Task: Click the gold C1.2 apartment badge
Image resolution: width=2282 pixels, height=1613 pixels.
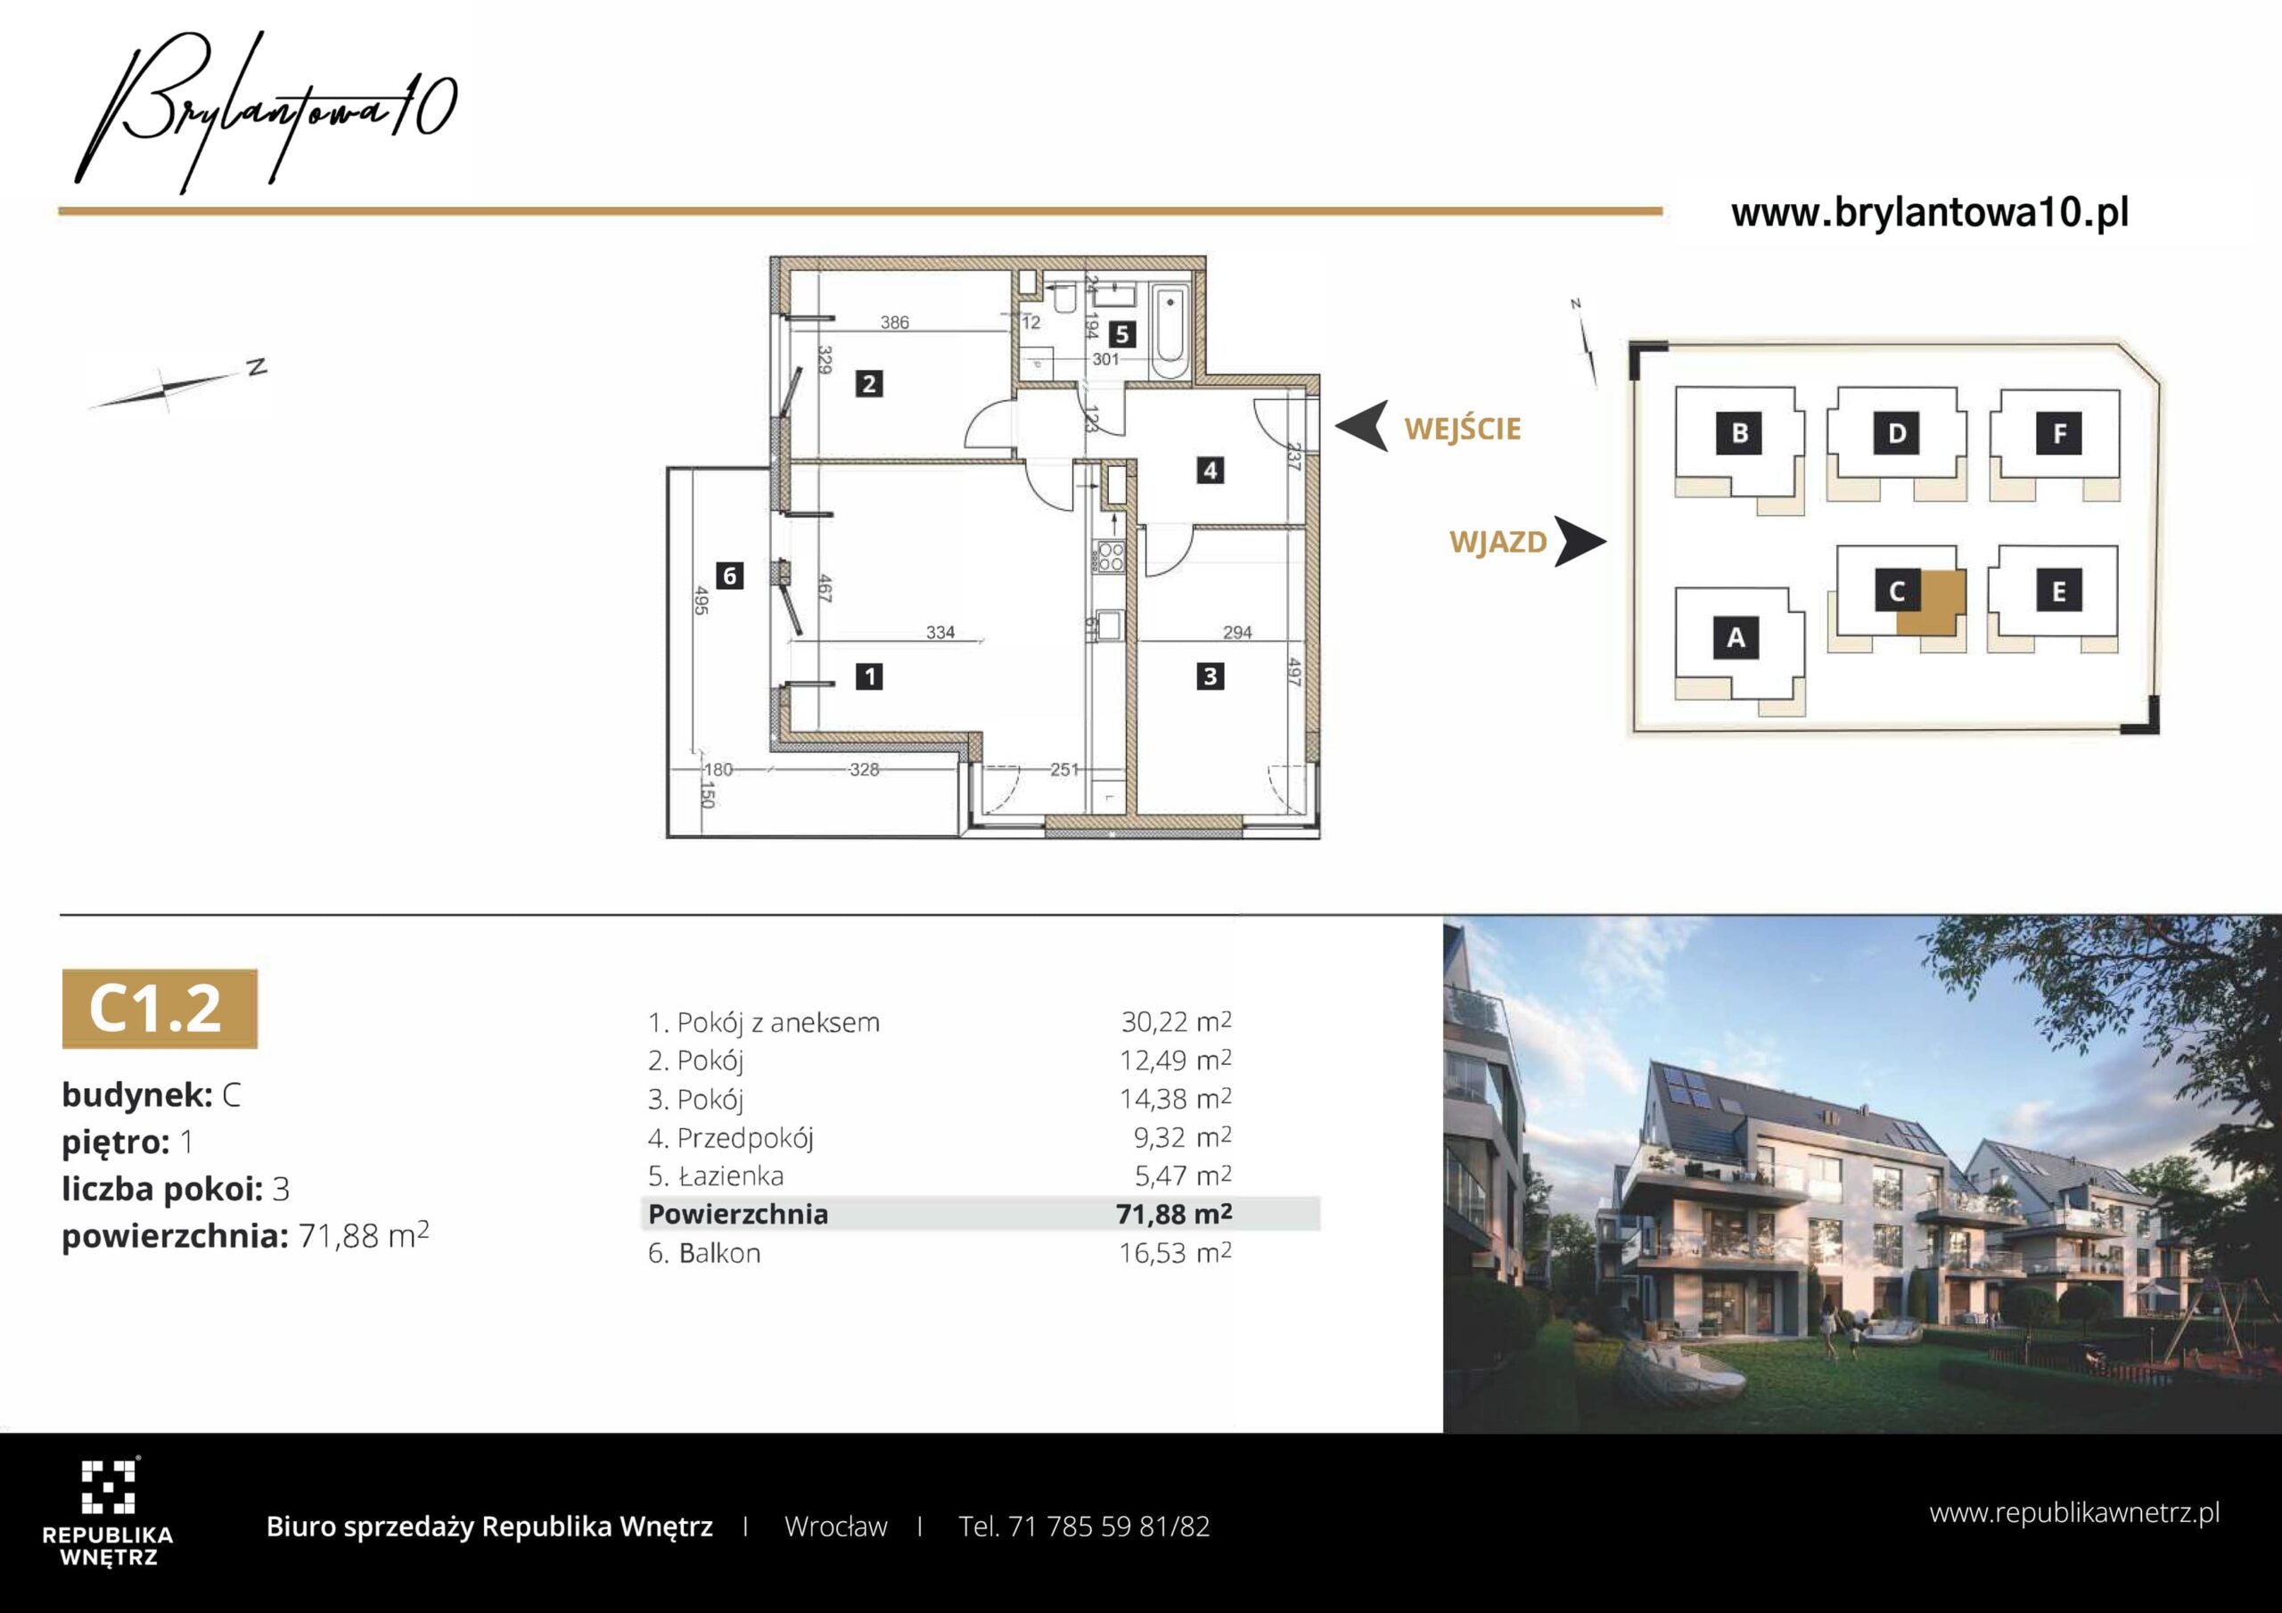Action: pyautogui.click(x=159, y=1008)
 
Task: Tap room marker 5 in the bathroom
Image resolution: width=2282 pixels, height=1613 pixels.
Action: pyautogui.click(x=1122, y=334)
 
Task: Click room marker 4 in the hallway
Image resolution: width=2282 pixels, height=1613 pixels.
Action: pyautogui.click(x=1210, y=470)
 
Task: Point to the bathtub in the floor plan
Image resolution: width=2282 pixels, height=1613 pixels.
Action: pyautogui.click(x=1170, y=331)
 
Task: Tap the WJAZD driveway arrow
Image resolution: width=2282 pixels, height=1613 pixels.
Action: pyautogui.click(x=1580, y=542)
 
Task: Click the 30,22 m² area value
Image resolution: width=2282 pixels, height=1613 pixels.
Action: pyautogui.click(x=1176, y=1021)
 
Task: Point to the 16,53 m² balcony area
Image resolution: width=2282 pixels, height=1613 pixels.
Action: pyautogui.click(x=1176, y=1252)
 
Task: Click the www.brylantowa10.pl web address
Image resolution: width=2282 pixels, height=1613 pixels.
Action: pyautogui.click(x=1930, y=213)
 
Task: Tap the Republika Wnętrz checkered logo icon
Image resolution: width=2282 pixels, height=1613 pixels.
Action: pyautogui.click(x=107, y=1486)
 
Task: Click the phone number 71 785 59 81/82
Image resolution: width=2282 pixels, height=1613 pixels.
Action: pyautogui.click(x=1109, y=1527)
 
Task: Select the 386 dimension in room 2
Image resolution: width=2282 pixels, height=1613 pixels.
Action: pyautogui.click(x=894, y=322)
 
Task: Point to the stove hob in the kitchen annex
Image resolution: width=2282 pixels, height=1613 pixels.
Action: pyautogui.click(x=1109, y=558)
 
